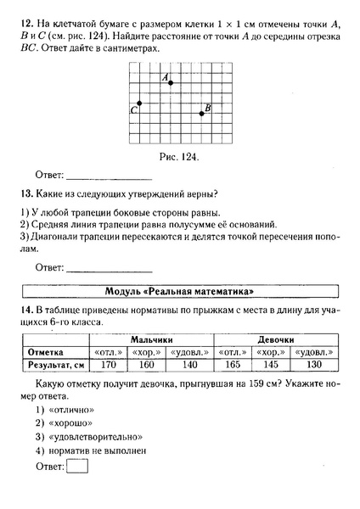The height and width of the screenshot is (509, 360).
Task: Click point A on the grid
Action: pyautogui.click(x=172, y=82)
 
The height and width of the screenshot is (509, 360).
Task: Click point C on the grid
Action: pyautogui.click(x=140, y=103)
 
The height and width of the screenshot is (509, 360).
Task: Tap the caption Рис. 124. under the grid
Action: pyautogui.click(x=180, y=157)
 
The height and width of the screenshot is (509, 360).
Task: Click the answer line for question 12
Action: pyautogui.click(x=108, y=178)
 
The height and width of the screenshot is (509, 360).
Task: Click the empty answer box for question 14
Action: pyautogui.click(x=77, y=466)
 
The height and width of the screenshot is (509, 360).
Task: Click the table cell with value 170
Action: pyautogui.click(x=107, y=365)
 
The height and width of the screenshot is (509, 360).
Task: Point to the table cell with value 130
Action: pyautogui.click(x=314, y=365)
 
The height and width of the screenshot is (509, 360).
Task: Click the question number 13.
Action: pyautogui.click(x=23, y=193)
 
